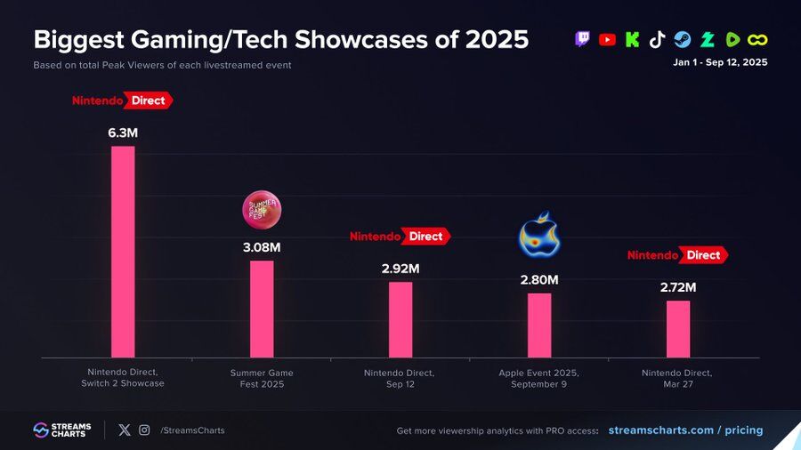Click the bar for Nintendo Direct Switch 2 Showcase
click(x=123, y=252)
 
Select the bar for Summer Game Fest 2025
click(x=262, y=309)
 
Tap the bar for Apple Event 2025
click(x=539, y=325)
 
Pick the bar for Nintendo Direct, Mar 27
click(x=678, y=329)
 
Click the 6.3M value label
click(x=123, y=133)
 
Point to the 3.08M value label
click(x=262, y=247)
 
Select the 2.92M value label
click(x=400, y=268)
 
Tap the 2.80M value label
click(x=539, y=279)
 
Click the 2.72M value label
click(x=678, y=287)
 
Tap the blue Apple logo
click(x=539, y=235)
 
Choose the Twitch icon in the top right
click(x=583, y=39)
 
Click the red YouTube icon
click(x=608, y=39)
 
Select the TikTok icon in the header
click(x=657, y=39)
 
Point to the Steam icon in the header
click(x=682, y=39)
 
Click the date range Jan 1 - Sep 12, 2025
click(x=720, y=62)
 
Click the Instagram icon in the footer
click(x=144, y=430)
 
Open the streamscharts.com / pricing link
click(x=685, y=430)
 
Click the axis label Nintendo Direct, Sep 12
click(x=400, y=378)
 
